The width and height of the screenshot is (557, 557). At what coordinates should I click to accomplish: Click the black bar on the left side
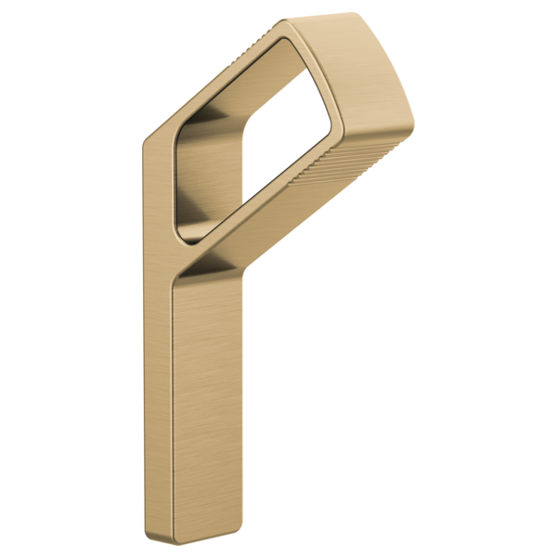point(70,278)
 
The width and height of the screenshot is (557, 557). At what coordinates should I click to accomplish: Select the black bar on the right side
point(487,278)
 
